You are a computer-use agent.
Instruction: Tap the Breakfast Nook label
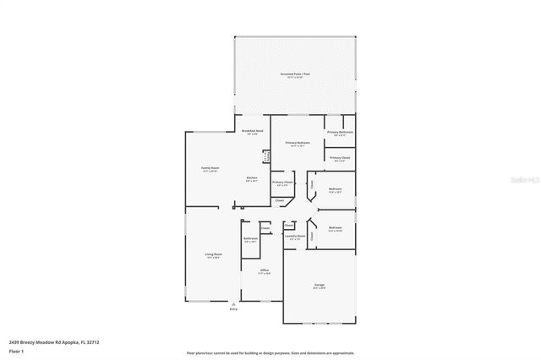252,131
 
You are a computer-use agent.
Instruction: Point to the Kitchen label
251,177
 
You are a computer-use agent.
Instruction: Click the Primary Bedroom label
298,143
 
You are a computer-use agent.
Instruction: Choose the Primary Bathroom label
340,133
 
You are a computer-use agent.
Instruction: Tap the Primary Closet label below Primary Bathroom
340,158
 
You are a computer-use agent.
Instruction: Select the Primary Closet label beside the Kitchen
282,183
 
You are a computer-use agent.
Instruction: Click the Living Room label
213,254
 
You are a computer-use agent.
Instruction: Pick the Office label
264,270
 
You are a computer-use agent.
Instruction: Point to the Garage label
319,286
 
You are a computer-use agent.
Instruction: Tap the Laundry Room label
295,237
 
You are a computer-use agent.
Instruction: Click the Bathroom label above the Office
249,239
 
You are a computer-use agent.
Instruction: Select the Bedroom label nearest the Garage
336,228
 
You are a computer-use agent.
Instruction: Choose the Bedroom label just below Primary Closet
336,189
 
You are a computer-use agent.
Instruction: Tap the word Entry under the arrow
234,310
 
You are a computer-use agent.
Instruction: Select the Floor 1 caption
16,352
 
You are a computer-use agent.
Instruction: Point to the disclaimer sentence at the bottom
270,352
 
